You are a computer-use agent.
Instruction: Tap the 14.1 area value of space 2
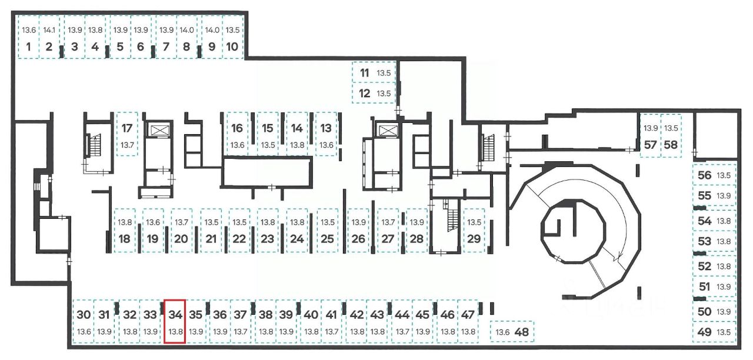click(49, 30)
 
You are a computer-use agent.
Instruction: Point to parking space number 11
click(374, 74)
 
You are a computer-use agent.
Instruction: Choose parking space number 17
click(127, 134)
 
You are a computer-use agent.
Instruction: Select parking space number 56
click(714, 175)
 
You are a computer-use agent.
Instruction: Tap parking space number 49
click(714, 332)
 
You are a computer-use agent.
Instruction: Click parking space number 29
click(474, 231)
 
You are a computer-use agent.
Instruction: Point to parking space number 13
click(326, 134)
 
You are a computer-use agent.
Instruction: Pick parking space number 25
click(328, 231)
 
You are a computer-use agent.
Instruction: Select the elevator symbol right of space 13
click(387, 129)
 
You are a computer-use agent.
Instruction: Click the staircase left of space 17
click(95, 145)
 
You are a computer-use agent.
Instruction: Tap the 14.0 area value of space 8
click(186, 30)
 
